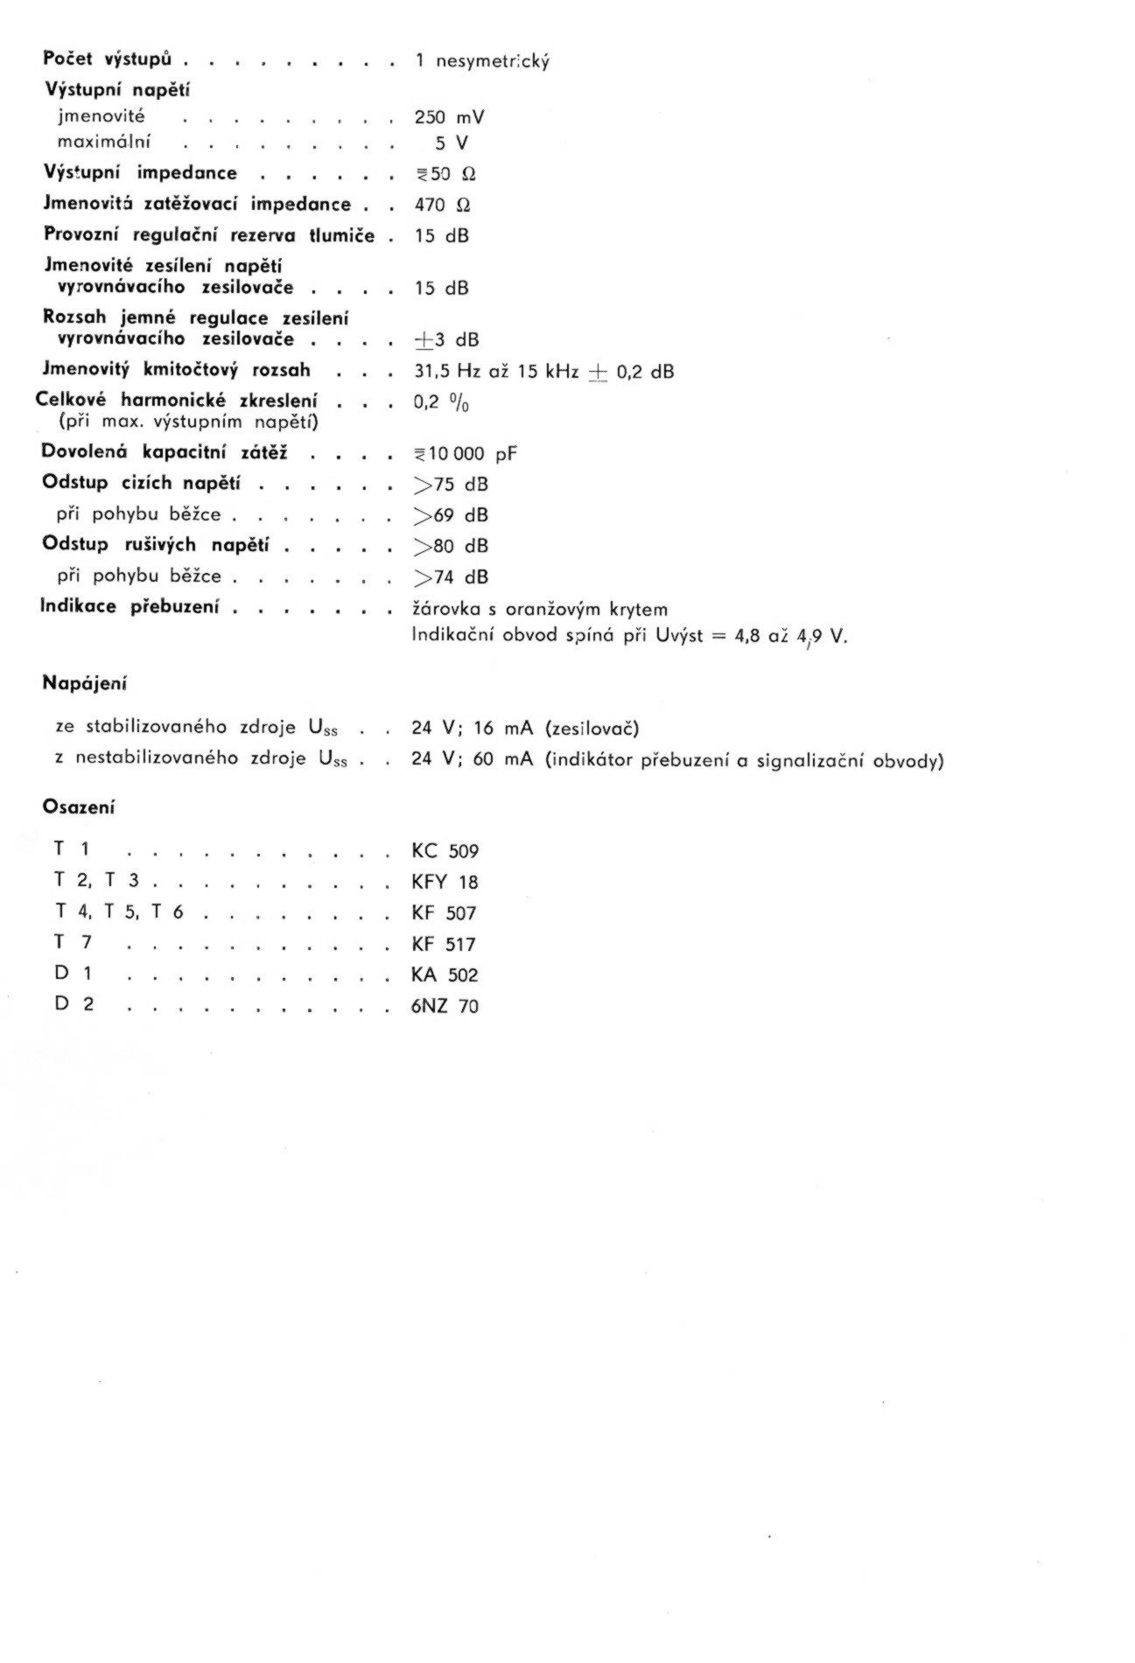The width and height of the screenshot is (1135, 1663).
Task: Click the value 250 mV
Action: (449, 117)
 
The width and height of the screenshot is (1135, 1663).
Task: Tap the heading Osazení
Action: (79, 807)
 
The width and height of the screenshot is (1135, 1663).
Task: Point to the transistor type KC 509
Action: (445, 851)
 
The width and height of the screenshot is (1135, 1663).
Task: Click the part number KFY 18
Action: (445, 882)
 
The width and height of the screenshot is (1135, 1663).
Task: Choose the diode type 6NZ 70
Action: (445, 1006)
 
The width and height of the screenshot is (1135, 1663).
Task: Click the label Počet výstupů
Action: (107, 59)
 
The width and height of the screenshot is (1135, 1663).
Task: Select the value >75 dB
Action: (450, 485)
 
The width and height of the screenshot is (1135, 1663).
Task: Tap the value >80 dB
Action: (450, 546)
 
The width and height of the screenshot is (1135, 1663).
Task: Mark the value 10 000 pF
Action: (466, 453)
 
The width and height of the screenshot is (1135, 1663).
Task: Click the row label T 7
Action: (73, 943)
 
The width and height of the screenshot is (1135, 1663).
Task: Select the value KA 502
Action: (445, 975)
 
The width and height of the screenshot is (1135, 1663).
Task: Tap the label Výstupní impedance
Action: (140, 173)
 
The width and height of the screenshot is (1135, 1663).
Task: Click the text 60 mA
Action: (502, 759)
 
